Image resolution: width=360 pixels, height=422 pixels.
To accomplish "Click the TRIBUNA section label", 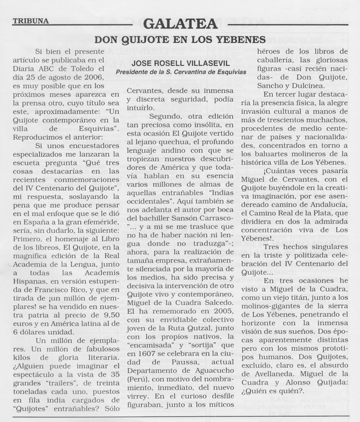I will [x=31, y=21].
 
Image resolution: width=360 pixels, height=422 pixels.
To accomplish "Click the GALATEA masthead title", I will [x=180, y=23].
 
